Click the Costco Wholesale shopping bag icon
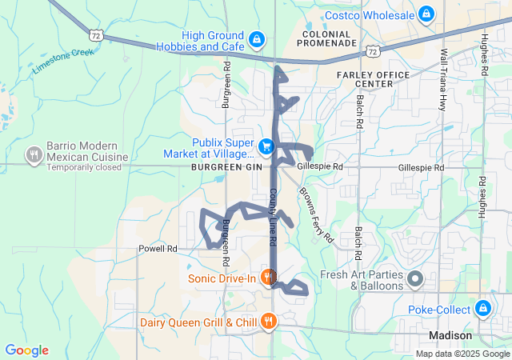426,14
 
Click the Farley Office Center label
373,79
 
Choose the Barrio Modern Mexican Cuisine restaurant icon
34,154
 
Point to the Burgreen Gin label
226,166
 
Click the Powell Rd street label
157,249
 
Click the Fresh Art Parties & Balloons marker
415,279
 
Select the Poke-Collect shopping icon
483,309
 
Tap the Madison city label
450,335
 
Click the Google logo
26,350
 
